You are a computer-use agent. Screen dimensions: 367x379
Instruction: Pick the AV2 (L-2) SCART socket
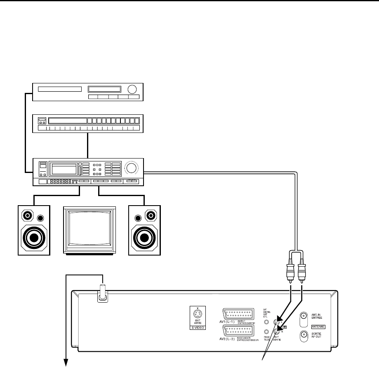click(238, 331)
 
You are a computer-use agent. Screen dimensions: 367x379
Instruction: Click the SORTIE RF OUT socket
click(304, 335)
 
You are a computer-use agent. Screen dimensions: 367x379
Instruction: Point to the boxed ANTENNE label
click(318, 326)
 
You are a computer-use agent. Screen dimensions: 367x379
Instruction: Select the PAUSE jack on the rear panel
click(266, 331)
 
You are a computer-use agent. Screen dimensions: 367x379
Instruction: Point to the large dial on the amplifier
click(132, 168)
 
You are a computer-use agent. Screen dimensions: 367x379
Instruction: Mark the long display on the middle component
click(68, 121)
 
